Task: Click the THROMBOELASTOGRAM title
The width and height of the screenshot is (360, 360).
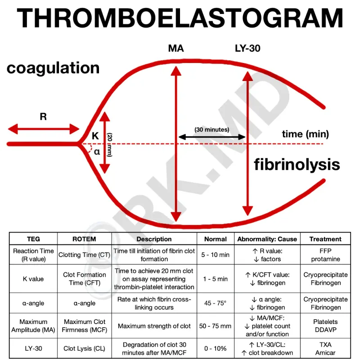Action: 180,19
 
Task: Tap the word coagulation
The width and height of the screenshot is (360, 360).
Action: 53,68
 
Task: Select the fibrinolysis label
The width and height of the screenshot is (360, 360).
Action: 297,164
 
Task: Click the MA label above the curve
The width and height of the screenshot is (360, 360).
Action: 175,48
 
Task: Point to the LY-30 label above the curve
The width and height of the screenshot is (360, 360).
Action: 247,48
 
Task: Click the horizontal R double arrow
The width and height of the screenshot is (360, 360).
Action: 44,130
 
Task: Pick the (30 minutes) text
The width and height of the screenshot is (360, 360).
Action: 211,130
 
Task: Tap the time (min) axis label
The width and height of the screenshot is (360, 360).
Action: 306,134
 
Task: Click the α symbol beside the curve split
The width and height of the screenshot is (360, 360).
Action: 97,152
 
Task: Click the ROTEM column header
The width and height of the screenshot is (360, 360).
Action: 84,239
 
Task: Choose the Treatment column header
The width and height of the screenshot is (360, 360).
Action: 325,239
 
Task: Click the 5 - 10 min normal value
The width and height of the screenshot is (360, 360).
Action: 215,255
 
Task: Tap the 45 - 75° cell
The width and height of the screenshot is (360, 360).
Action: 215,303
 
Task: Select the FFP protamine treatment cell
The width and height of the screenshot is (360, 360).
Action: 325,255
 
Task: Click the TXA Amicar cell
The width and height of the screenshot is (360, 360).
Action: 325,349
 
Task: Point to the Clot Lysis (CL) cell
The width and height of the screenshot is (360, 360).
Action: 84,349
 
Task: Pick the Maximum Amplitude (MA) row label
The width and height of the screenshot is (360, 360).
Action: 33,326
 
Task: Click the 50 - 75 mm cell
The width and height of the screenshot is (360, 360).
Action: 215,326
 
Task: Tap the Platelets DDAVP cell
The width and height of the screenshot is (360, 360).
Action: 325,326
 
